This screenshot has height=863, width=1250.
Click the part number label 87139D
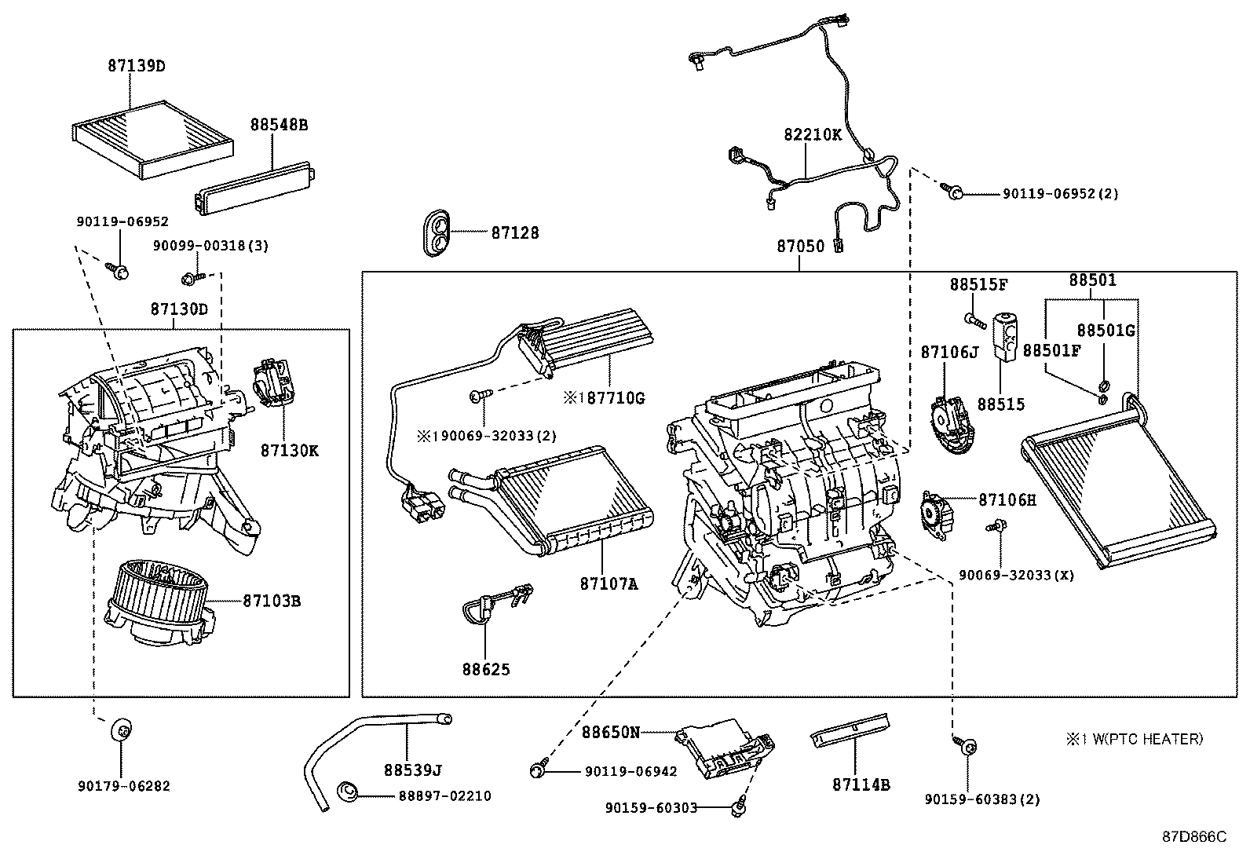point(137,66)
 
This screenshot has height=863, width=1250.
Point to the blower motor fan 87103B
point(157,601)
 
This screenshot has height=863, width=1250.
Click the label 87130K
point(290,451)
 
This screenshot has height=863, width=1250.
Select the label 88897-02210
point(444,795)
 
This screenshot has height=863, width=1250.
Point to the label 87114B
point(861,784)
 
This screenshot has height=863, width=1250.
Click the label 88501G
point(1106,331)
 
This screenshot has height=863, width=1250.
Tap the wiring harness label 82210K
point(812,134)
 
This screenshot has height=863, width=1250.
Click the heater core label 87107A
point(609,583)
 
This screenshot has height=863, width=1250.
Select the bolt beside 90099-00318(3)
point(191,278)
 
